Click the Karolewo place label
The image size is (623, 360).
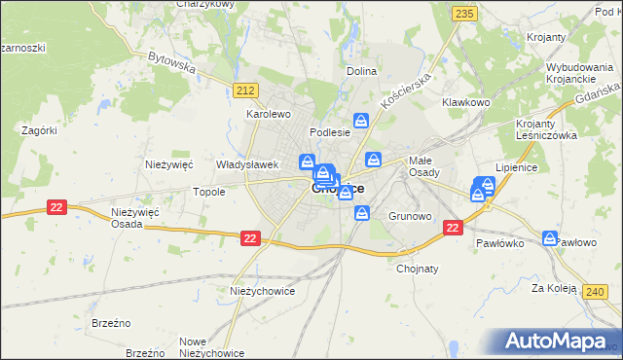click(269, 114)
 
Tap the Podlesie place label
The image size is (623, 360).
click(329, 131)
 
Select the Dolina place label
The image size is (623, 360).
click(362, 71)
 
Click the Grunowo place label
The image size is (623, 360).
click(409, 215)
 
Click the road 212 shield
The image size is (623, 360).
click(245, 90)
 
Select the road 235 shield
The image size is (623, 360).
click(464, 13)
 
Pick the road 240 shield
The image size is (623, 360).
click(596, 291)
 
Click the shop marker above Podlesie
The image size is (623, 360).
click(361, 121)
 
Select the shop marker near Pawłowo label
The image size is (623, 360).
click(550, 237)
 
